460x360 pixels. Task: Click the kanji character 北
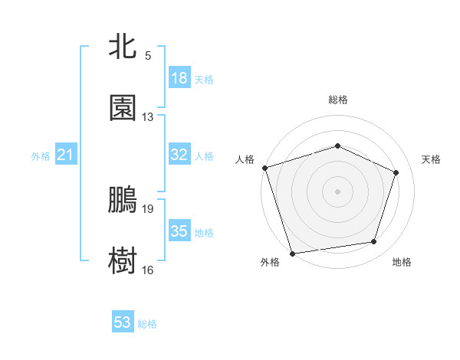tap(123, 47)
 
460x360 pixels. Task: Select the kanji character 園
tap(123, 109)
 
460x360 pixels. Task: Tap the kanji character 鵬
tap(123, 200)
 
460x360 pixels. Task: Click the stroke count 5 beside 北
tap(148, 56)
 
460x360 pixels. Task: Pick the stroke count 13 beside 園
tap(148, 117)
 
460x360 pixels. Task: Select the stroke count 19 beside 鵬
tap(148, 208)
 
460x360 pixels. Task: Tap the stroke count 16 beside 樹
tap(148, 270)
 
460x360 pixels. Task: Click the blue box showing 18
tap(179, 78)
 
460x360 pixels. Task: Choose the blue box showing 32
tap(179, 155)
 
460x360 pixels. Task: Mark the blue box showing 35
tap(179, 231)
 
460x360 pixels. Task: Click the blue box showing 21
tap(66, 155)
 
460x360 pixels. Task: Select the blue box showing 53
tap(123, 322)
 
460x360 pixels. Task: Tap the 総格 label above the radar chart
tap(337, 100)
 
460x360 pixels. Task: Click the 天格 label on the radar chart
tap(431, 159)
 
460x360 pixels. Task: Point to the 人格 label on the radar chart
tap(245, 159)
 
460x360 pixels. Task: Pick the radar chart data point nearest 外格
tap(292, 252)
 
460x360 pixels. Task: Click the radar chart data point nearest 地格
tap(374, 242)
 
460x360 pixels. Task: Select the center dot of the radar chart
tap(337, 191)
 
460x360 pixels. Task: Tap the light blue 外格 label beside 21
tap(41, 156)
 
